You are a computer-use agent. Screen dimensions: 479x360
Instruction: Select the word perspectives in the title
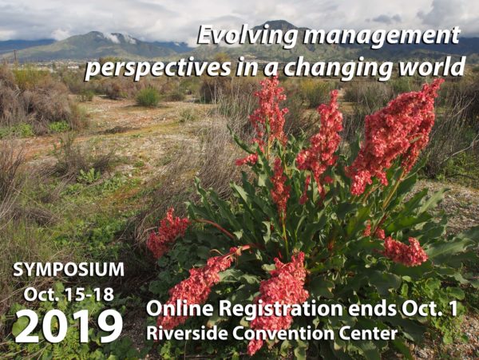pyautogui.click(x=157, y=68)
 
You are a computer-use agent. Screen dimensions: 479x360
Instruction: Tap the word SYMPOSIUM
pyautogui.click(x=69, y=270)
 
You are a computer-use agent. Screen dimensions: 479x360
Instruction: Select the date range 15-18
pyautogui.click(x=89, y=295)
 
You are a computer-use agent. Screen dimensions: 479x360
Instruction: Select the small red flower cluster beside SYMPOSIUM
pyautogui.click(x=167, y=232)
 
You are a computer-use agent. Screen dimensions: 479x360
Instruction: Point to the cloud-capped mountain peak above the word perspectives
pyautogui.click(x=95, y=34)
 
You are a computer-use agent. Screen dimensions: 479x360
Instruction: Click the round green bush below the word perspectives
pyautogui.click(x=148, y=97)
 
